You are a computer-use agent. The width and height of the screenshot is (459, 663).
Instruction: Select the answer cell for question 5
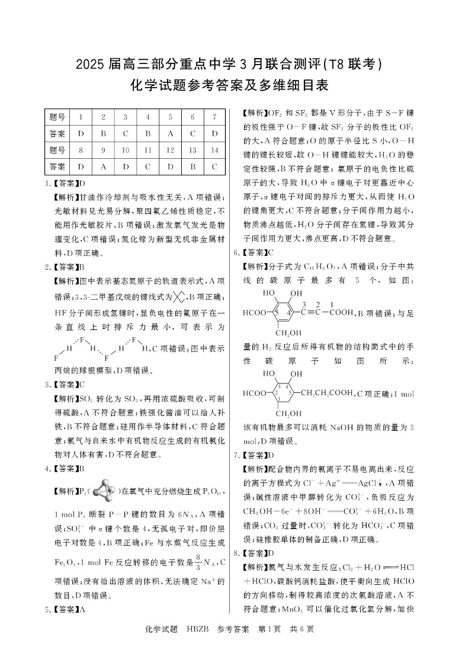(x=169, y=134)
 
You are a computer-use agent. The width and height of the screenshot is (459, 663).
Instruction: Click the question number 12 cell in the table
(x=169, y=150)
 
